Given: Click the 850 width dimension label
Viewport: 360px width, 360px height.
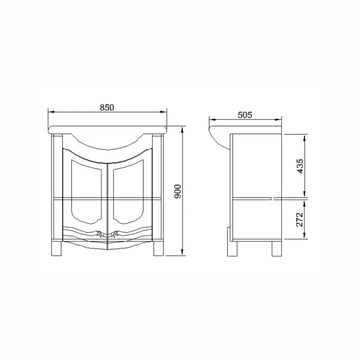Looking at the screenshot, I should coord(106,107).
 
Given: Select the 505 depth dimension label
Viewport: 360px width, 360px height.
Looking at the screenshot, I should coord(245,115).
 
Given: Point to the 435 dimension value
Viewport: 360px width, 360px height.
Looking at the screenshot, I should coord(300,166).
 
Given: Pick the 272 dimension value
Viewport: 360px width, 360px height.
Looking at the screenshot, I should coord(300,219).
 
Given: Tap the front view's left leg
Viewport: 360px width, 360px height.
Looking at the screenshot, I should coord(57,247).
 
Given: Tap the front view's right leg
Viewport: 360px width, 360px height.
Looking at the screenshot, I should coord(159,247).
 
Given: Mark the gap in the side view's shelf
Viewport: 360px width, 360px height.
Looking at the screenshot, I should coord(273,197).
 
